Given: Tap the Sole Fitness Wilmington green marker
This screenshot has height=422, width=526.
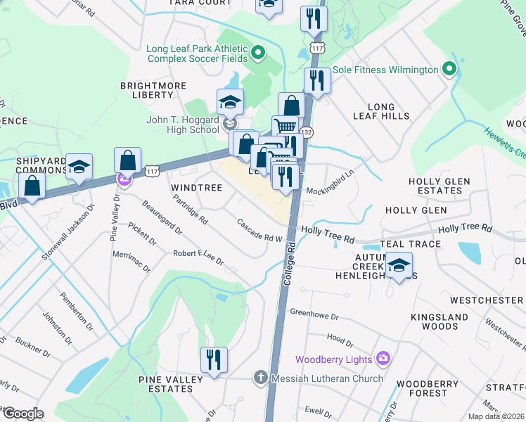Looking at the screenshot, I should click(x=449, y=70).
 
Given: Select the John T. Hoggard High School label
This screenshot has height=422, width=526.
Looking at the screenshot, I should click(x=183, y=124).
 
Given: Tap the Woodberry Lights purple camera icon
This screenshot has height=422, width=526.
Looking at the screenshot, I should click(x=383, y=359).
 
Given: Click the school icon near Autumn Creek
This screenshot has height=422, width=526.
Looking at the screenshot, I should click(x=399, y=267).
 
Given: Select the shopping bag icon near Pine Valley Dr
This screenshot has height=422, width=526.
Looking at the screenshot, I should click(x=127, y=160).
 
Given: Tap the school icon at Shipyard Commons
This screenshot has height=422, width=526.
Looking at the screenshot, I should click(x=79, y=167).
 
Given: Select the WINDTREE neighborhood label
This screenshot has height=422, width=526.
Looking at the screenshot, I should click(x=197, y=188).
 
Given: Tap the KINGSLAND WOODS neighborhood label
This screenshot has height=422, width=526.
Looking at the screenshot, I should click(x=445, y=321).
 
